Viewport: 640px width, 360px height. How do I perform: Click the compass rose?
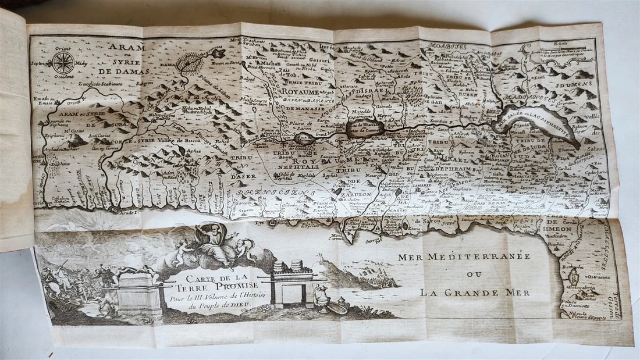[63, 62]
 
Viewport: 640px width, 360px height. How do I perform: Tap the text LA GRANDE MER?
[475, 292]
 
